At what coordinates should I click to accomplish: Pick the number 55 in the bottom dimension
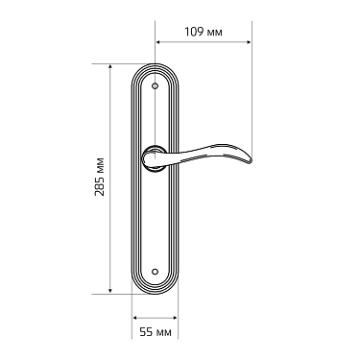147,332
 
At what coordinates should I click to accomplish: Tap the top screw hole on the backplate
156,87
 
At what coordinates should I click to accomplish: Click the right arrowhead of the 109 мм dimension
249,42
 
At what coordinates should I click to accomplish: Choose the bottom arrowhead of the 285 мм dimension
110,290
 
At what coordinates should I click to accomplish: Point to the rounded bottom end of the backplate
156,291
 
